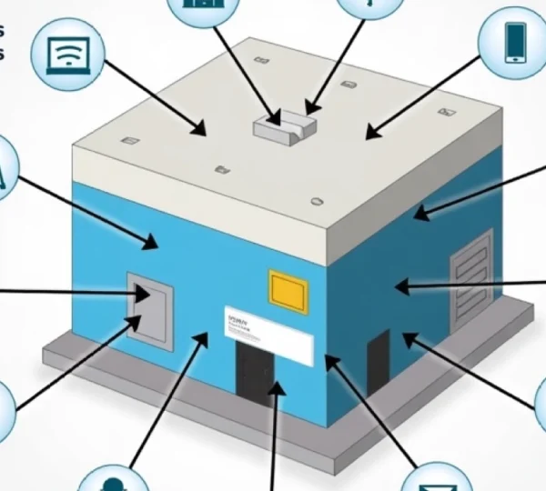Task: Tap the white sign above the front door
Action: tap(268, 333)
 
